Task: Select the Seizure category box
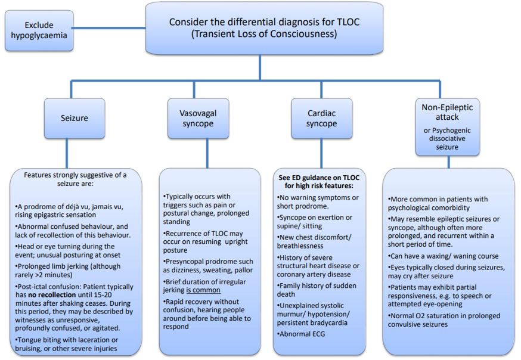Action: tap(75, 118)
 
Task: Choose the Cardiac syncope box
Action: tap(321, 118)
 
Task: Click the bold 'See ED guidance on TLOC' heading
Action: tap(321, 178)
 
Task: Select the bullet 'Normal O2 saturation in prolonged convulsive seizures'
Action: tap(444, 319)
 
